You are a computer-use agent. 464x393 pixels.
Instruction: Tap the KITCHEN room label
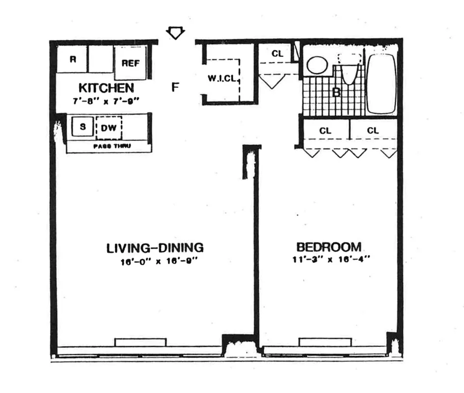[x=106, y=88]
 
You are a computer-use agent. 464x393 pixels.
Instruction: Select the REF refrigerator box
[x=131, y=63]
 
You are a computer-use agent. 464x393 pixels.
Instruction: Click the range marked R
[x=73, y=59]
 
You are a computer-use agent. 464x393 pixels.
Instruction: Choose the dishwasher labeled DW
[x=109, y=127]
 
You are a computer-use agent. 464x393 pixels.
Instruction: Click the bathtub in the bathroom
[x=381, y=83]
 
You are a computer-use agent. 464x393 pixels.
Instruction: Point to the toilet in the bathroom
[x=349, y=71]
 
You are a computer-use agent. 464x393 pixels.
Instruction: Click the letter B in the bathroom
[x=337, y=92]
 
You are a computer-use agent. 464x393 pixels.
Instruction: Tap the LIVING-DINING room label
[x=155, y=248]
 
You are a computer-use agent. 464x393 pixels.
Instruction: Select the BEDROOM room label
[x=328, y=247]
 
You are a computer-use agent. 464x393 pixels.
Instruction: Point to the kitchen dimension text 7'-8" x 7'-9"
[x=106, y=102]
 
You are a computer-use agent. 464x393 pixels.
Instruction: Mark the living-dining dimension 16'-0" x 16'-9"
[x=155, y=261]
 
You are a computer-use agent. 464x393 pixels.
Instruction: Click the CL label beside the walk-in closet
[x=277, y=54]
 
